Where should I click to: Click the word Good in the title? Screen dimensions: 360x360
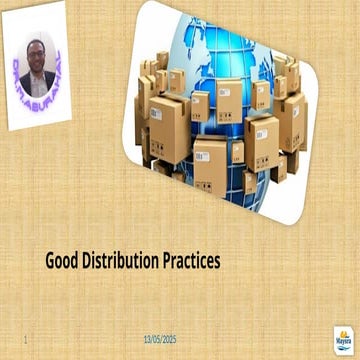click(x=62, y=262)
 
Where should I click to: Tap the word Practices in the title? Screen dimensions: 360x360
click(x=190, y=262)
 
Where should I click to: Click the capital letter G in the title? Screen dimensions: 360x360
click(x=51, y=262)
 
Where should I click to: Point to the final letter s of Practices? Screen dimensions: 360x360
click(x=216, y=263)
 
